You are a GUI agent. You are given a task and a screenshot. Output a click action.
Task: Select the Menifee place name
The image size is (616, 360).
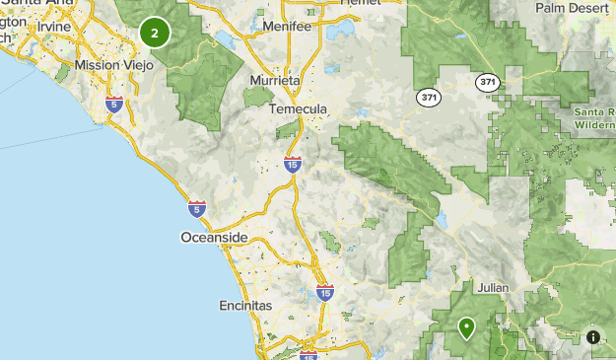287,27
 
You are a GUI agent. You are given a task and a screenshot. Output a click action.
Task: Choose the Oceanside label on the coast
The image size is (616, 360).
215,238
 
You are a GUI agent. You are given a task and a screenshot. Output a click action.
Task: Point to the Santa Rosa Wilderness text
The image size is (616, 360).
595,119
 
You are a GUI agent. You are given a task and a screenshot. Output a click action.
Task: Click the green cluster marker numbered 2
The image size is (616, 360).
155,33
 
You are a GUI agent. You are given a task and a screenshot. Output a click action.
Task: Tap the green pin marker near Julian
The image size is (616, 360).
466,326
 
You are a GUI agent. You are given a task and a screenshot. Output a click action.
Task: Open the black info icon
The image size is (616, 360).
593,336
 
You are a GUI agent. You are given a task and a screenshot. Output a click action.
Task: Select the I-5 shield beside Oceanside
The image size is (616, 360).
197,208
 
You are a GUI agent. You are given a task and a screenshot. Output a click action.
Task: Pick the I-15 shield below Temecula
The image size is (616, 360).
293,165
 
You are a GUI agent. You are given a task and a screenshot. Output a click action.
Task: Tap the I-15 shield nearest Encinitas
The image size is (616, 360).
325,292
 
